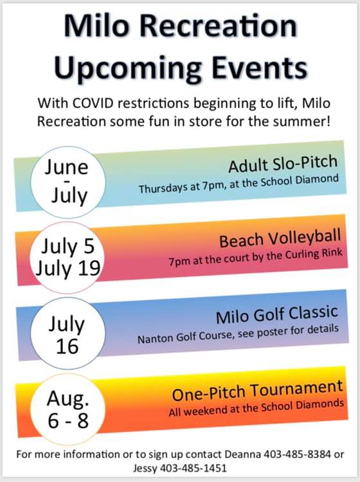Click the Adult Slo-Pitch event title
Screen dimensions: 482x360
[283, 166]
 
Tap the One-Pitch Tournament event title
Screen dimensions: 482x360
[257, 388]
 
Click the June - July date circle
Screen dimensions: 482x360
[66, 181]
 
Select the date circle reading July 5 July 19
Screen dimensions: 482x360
[66, 256]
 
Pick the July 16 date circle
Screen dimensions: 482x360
[66, 333]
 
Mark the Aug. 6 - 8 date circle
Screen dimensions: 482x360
[66, 409]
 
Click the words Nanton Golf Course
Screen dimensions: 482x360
[174, 337]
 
